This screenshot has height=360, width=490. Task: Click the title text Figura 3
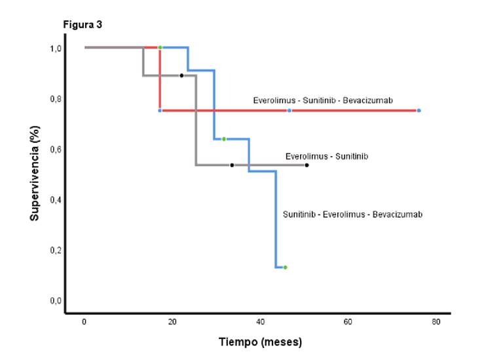82,24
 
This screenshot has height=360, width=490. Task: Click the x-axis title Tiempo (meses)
260,342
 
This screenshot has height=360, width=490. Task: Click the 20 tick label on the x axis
172,322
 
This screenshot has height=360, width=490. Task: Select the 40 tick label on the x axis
260,322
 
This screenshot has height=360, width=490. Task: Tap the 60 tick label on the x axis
349,322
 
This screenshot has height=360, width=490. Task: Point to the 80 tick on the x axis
436,322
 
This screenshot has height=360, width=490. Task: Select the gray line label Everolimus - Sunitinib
326,156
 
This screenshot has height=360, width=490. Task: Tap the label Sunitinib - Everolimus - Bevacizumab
352,214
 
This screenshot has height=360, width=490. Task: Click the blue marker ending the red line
419,111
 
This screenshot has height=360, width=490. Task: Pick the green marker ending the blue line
285,268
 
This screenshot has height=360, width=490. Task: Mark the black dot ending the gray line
307,165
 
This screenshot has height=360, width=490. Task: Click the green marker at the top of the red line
160,47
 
